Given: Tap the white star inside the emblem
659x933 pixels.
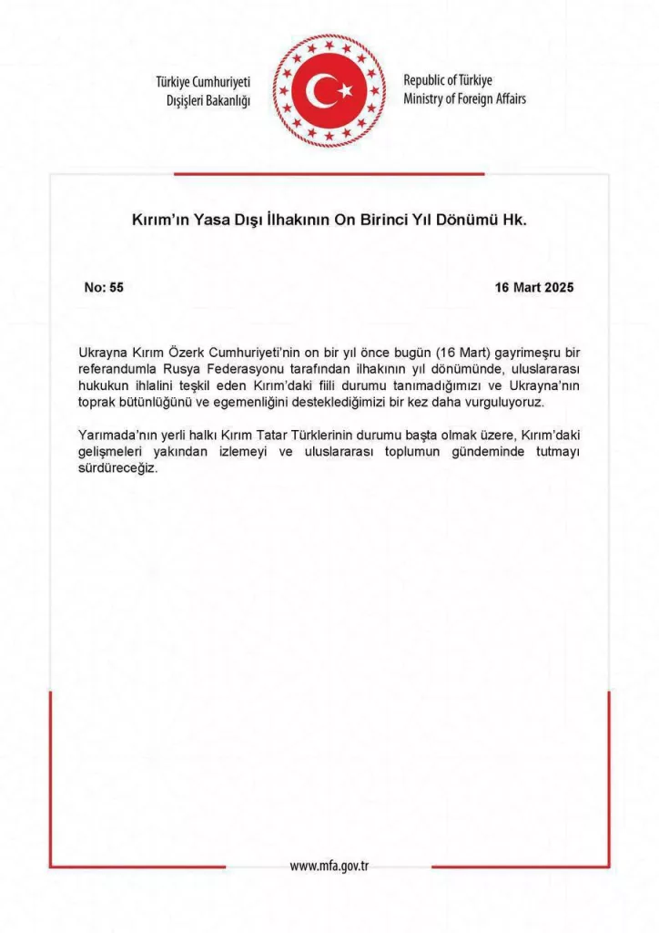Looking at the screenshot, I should pyautogui.click(x=345, y=90).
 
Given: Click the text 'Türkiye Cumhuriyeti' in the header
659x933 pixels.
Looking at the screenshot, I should pyautogui.click(x=203, y=83).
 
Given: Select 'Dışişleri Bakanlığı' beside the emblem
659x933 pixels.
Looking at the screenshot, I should pyautogui.click(x=208, y=99).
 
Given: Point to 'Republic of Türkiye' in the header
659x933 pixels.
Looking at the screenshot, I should pyautogui.click(x=448, y=81).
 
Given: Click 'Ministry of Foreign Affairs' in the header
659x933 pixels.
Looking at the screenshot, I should pyautogui.click(x=464, y=98).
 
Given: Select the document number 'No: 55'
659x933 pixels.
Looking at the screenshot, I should pyautogui.click(x=104, y=287).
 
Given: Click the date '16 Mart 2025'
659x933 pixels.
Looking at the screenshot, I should pyautogui.click(x=534, y=287).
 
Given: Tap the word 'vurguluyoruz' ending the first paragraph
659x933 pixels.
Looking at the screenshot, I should pyautogui.click(x=503, y=404).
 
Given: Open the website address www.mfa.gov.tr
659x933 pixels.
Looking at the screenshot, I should pyautogui.click(x=329, y=866).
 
